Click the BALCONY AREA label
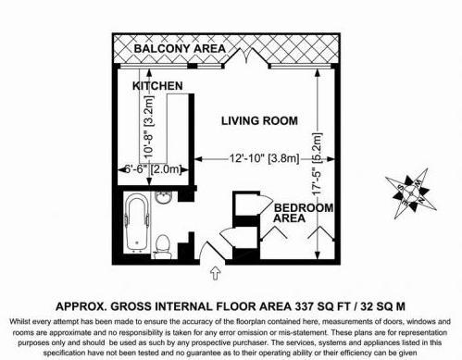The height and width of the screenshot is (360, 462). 180,49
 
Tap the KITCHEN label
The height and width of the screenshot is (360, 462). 157,86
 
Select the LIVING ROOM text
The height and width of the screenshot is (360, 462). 259,120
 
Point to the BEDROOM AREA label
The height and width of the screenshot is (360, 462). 304,213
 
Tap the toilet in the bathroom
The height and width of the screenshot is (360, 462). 163,247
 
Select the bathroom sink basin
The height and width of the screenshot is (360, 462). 163,197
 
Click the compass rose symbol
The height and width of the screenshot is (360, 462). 411,193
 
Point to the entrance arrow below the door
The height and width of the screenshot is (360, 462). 215,273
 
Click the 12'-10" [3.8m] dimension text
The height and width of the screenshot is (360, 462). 264,158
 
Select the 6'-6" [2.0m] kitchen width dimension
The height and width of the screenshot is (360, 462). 153,169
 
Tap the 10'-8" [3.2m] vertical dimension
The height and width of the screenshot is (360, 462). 149,127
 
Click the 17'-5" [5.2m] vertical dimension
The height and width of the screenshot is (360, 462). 317,164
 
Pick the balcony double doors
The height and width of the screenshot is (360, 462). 246,56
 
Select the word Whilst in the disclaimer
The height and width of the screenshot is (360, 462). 19,321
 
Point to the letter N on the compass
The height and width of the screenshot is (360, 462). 421,200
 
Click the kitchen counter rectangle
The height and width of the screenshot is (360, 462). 179,129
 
